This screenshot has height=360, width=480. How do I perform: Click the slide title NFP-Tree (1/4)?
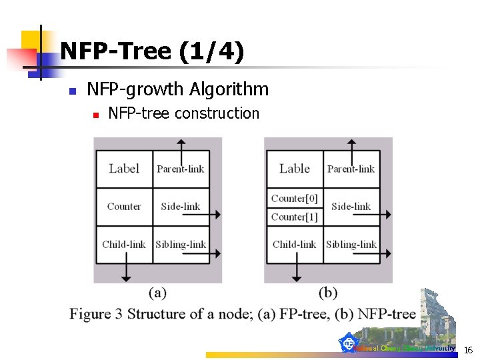[152, 51]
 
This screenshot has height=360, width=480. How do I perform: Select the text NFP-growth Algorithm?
[178, 89]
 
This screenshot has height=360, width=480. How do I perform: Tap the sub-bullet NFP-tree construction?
[183, 113]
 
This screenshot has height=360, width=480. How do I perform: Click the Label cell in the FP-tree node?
[124, 169]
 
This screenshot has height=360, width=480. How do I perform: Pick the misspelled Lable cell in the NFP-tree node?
[295, 169]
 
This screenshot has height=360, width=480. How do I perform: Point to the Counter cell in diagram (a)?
[124, 207]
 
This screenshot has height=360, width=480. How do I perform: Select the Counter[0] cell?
[295, 198]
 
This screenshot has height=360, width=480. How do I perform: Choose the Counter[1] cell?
[295, 217]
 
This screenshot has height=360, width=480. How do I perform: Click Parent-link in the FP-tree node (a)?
[181, 169]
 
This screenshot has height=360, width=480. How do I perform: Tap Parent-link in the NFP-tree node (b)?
[351, 169]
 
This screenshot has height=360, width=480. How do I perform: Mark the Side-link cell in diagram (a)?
[181, 207]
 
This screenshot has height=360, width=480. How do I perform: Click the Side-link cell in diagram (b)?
[351, 207]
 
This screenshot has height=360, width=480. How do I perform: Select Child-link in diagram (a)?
[124, 244]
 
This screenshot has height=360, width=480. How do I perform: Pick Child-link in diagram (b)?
[295, 244]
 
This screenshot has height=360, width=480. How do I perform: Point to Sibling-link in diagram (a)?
[181, 244]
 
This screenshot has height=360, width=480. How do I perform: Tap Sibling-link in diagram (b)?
[351, 244]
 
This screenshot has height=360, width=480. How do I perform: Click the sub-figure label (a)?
[157, 292]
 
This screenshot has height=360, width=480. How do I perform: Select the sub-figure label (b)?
[328, 292]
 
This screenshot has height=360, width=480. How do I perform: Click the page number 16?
[468, 350]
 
